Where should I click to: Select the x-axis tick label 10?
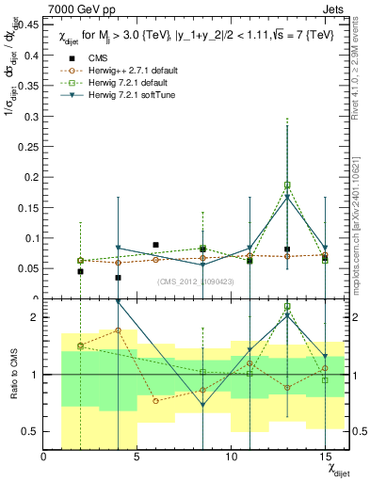pos(231,457)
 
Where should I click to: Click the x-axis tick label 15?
pos(325,457)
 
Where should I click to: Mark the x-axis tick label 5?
pos(137,457)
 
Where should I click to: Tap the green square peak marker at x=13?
pos(287,185)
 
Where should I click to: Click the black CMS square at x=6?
pos(155,245)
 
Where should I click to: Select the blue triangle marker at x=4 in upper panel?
pos(118,248)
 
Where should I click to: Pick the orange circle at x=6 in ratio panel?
pos(155,400)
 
